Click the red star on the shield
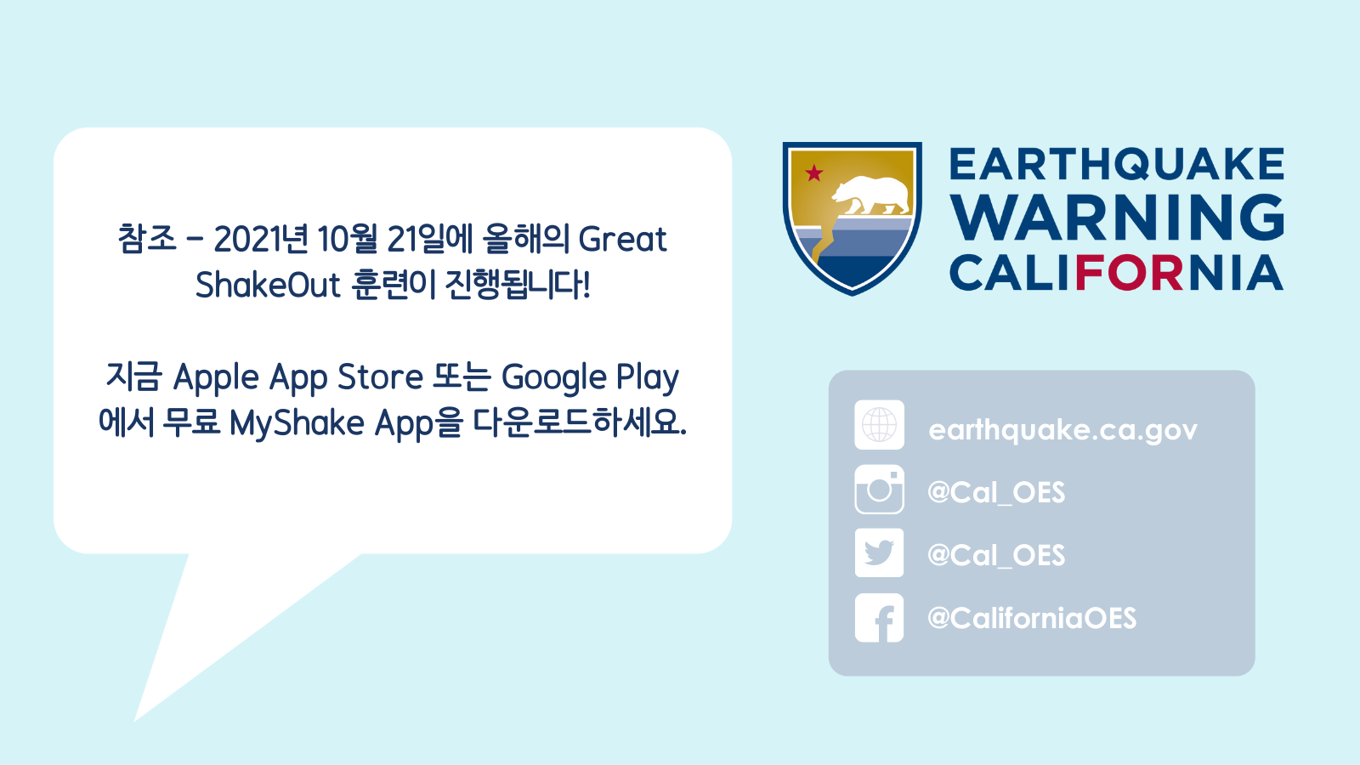coord(813,173)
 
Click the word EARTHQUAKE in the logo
coord(1117,164)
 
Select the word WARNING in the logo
coord(1117,218)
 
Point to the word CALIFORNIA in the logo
coord(1117,273)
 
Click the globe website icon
coord(879,425)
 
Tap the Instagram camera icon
coord(879,490)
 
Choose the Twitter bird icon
coord(879,552)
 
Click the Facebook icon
coord(879,617)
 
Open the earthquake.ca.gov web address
coord(1063,430)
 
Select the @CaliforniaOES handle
coord(1032,618)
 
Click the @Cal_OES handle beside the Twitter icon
coord(996,555)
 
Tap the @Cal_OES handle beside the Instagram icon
coord(996,492)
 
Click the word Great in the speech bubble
coord(622,239)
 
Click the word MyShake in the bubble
coord(297,423)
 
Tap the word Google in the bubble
coord(553,377)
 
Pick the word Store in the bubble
coord(380,377)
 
